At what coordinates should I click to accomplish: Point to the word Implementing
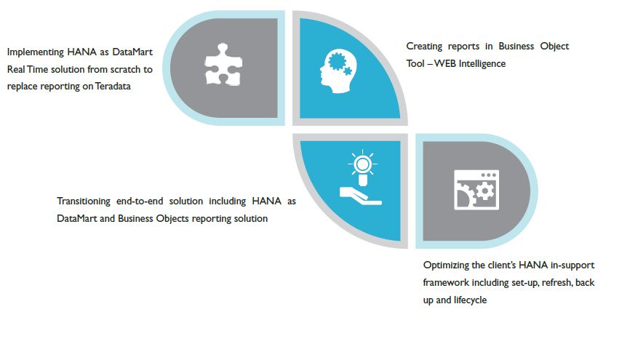(36, 52)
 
